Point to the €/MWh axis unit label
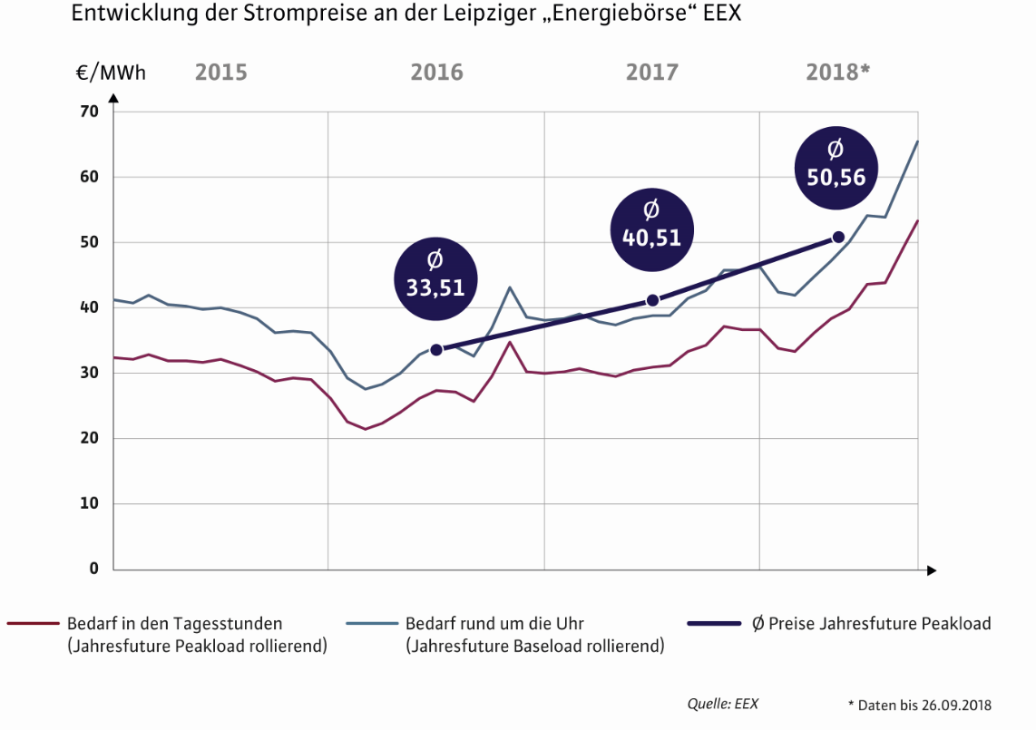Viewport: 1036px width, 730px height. (111, 73)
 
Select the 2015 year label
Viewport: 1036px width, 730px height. (220, 73)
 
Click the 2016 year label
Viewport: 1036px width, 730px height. (436, 73)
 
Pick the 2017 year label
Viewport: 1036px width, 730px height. (651, 73)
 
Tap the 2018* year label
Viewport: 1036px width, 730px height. (837, 73)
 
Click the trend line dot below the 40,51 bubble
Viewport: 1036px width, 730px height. (652, 300)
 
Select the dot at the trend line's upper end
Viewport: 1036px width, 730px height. (838, 237)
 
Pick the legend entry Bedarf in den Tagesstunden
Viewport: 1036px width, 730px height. (173, 624)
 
